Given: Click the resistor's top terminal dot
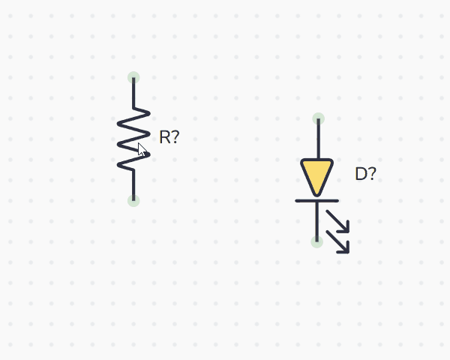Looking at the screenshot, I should pos(133,77).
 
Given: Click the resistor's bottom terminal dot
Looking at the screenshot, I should pos(133,200).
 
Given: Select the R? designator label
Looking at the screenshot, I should pos(169,137).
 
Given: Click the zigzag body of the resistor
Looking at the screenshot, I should pos(133,139).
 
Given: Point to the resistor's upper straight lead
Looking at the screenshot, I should pos(133,94).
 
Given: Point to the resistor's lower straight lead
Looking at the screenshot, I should pos(133,184).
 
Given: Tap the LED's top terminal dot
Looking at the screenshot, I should pos(318,118).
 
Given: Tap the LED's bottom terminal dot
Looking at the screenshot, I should pos(317,241).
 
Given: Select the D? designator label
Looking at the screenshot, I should pos(365,175).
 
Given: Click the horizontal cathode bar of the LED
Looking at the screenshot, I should pos(317,200).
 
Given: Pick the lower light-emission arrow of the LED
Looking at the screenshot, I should pos(339,241).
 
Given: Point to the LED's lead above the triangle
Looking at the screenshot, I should pos(318,139).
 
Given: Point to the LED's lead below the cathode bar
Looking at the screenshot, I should pos(317,221).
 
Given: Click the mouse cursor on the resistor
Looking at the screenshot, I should pos(141,148).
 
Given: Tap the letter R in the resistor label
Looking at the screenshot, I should pos(165,137).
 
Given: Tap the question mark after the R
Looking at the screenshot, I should pos(175,137).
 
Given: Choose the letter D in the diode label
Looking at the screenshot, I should pos(361,175).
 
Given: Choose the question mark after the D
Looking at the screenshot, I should pos(372,175).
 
